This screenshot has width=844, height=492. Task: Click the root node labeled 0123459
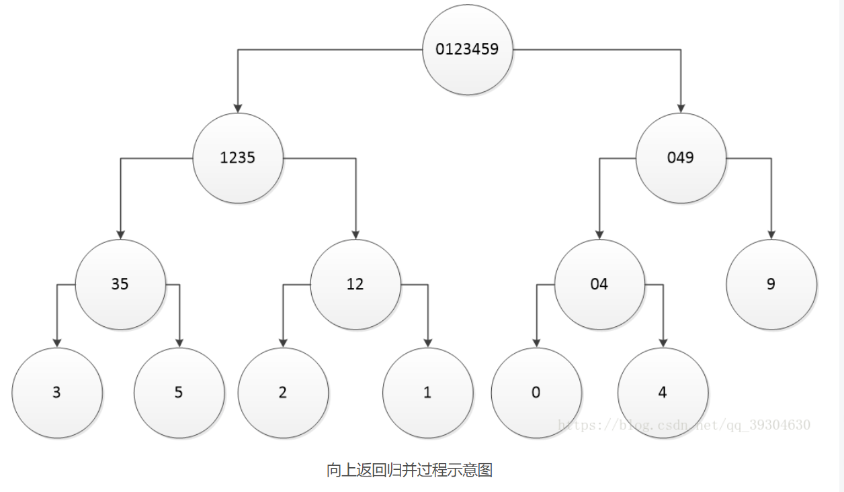[468, 49]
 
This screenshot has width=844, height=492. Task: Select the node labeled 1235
[238, 158]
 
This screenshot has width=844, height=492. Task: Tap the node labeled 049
[681, 158]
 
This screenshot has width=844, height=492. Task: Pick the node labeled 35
[120, 284]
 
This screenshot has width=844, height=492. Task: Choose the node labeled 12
[355, 284]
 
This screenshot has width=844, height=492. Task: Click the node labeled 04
[599, 284]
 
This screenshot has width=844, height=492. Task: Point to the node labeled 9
[771, 284]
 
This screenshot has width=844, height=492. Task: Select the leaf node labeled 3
[56, 393]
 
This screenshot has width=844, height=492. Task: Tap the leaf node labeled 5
[179, 393]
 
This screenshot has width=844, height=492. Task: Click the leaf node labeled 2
[283, 393]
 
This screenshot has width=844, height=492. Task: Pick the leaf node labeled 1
[427, 393]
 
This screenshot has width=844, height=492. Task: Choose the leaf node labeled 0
[536, 393]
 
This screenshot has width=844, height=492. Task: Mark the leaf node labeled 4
[663, 393]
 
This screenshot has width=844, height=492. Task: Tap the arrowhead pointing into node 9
[771, 234]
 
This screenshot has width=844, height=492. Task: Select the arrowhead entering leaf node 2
[283, 342]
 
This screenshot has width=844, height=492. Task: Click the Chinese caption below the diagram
[410, 471]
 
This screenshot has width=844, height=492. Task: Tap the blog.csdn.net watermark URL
[685, 425]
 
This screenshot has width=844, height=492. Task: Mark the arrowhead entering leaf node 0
[536, 342]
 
